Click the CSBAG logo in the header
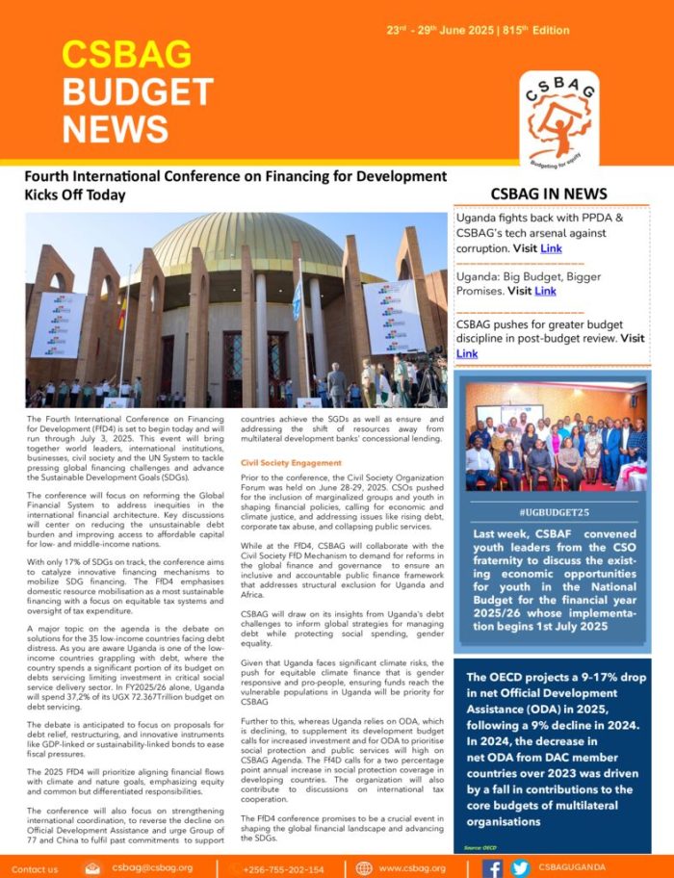(x=559, y=116)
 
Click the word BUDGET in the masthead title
(x=138, y=91)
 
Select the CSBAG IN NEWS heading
(x=549, y=194)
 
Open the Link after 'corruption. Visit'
(x=551, y=248)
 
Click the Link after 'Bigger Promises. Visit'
(x=545, y=291)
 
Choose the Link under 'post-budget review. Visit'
(x=467, y=353)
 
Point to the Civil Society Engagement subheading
(x=291, y=463)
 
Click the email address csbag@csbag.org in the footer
(x=152, y=867)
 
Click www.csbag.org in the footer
(x=410, y=868)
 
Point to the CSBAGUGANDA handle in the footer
(x=572, y=867)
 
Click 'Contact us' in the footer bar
(x=36, y=868)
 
